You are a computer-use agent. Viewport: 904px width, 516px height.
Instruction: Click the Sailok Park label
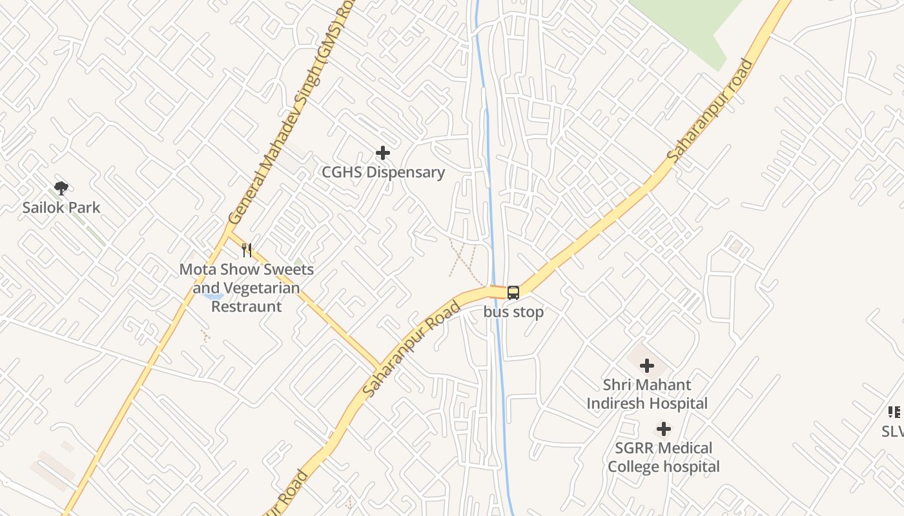[61, 208]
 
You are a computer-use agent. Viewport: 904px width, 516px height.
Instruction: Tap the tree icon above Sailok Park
[61, 188]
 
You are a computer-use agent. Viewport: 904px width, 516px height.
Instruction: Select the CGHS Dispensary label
[384, 172]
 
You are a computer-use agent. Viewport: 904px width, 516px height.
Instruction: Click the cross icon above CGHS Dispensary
[383, 153]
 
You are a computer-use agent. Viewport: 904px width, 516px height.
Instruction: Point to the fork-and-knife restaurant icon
[247, 250]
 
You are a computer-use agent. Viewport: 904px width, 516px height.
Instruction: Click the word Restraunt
[247, 306]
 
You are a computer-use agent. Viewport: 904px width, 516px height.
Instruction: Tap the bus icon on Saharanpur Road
[513, 293]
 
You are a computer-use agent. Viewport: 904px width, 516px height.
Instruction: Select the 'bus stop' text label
[513, 312]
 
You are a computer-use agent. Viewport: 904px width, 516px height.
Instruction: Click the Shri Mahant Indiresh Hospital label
[646, 394]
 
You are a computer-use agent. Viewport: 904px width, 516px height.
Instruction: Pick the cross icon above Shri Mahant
[646, 366]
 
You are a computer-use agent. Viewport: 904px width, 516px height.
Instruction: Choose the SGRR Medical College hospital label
[663, 457]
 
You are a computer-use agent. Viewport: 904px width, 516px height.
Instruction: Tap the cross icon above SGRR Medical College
[663, 429]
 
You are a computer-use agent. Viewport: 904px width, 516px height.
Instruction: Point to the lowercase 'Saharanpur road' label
[710, 110]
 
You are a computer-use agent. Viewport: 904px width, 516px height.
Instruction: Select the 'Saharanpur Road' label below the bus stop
[411, 348]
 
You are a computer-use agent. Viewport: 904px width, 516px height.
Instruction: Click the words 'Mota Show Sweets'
[247, 270]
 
